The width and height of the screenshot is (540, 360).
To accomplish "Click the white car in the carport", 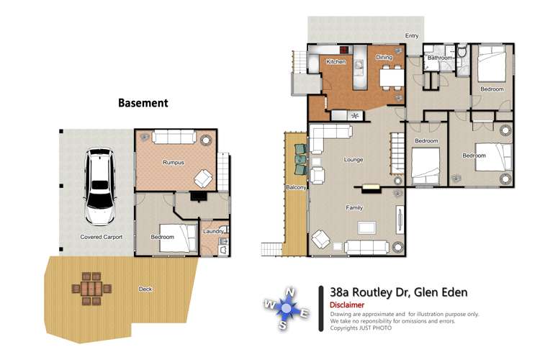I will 98,186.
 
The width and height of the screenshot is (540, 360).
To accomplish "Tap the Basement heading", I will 143,103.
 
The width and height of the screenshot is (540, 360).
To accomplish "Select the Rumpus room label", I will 173,163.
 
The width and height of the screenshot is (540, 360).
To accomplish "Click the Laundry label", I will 213,231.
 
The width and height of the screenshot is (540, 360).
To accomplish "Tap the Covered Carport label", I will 101,237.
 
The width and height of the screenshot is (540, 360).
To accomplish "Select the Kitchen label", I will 336,62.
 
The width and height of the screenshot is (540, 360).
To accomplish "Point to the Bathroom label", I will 440,58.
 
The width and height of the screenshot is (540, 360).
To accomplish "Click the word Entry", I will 412,35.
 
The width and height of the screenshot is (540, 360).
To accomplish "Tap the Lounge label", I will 354,160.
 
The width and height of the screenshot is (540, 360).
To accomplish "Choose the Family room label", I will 354,207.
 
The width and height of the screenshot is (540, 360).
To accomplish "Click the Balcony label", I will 296,188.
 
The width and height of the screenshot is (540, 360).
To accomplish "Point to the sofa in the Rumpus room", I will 173,137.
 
